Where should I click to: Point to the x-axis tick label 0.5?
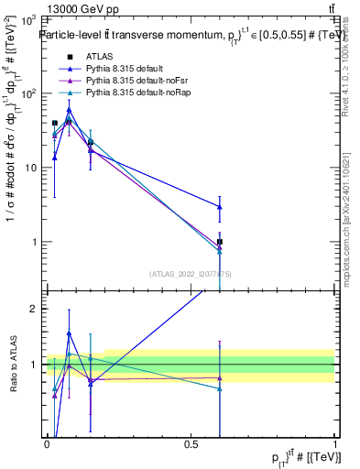(x=191, y=443)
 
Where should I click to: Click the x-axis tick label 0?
(x=47, y=443)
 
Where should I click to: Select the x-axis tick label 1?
(x=334, y=443)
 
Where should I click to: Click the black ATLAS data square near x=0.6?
(x=220, y=242)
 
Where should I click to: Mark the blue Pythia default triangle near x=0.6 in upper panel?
(x=220, y=207)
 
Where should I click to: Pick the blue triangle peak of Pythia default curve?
(x=69, y=110)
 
